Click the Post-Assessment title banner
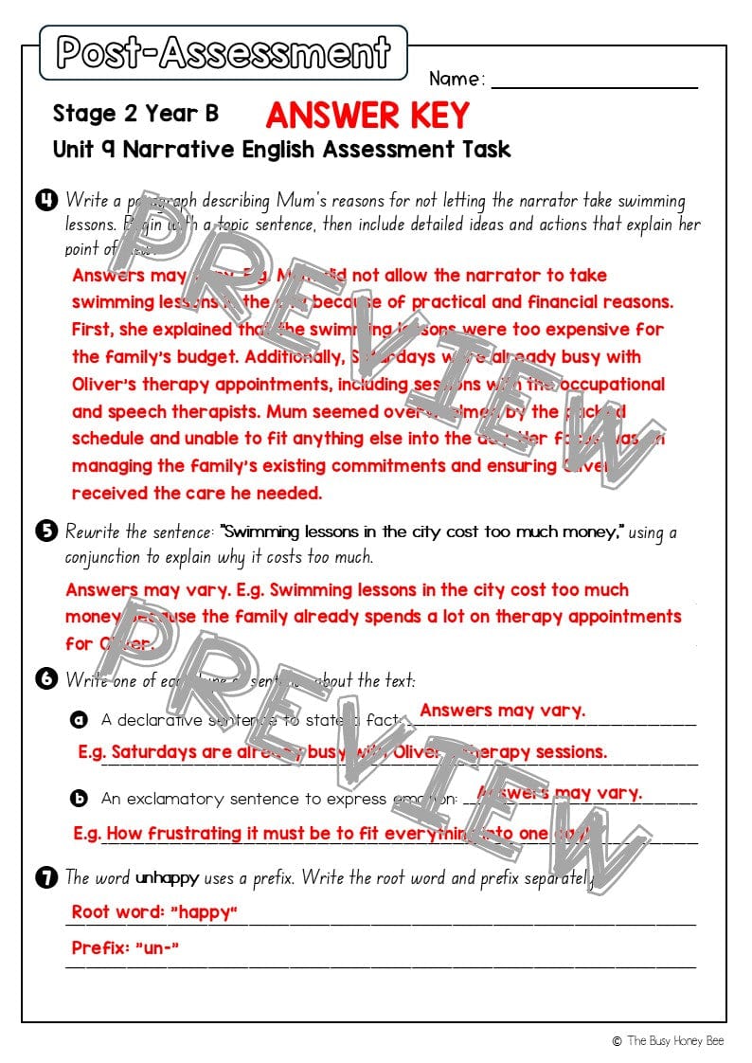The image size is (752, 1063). (224, 53)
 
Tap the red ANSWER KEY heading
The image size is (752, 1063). (367, 116)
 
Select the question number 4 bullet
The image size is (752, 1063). (45, 200)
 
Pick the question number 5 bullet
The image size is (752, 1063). (45, 531)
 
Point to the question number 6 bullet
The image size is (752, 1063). (45, 679)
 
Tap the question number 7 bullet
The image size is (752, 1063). (45, 877)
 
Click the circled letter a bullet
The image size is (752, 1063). (81, 720)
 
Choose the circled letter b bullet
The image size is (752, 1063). (81, 799)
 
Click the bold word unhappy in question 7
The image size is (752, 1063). (168, 878)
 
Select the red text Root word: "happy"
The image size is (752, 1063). (154, 912)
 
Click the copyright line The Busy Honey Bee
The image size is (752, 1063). (668, 1040)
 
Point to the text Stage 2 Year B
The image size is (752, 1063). (135, 114)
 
